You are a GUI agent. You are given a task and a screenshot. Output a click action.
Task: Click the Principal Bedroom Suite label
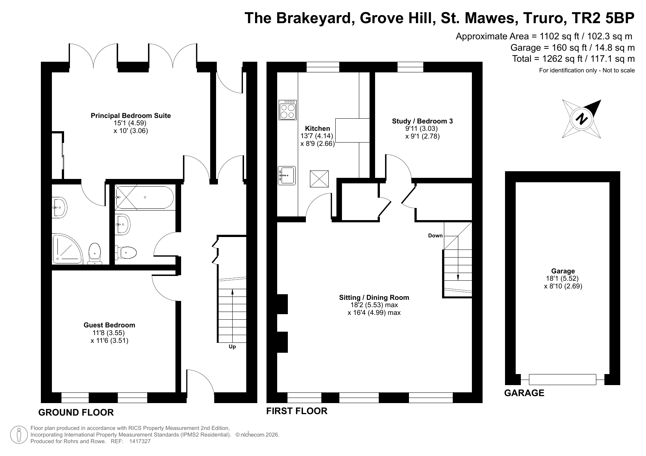click(x=131, y=116)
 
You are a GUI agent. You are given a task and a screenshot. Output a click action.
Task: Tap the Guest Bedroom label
click(x=109, y=325)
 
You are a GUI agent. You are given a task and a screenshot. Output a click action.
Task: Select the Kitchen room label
click(x=318, y=129)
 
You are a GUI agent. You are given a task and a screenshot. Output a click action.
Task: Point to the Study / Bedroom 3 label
click(x=422, y=121)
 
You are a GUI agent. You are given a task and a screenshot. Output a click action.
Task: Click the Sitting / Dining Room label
click(x=374, y=298)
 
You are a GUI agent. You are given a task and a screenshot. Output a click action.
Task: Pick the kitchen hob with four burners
click(x=287, y=110)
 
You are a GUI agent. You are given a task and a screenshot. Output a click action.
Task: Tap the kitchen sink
click(x=287, y=175)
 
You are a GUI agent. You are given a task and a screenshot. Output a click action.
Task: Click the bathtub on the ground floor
click(x=144, y=198)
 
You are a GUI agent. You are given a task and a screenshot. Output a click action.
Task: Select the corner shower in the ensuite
click(x=67, y=249)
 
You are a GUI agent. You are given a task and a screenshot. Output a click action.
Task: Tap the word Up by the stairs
click(x=232, y=347)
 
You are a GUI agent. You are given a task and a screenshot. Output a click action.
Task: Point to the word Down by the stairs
click(x=435, y=236)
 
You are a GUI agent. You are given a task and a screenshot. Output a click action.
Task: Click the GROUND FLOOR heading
click(x=76, y=412)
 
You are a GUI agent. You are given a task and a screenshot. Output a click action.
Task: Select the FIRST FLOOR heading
click(x=297, y=411)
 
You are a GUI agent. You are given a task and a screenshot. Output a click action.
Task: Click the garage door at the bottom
click(x=562, y=379)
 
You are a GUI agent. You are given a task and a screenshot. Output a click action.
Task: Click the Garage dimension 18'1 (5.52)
click(x=563, y=279)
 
